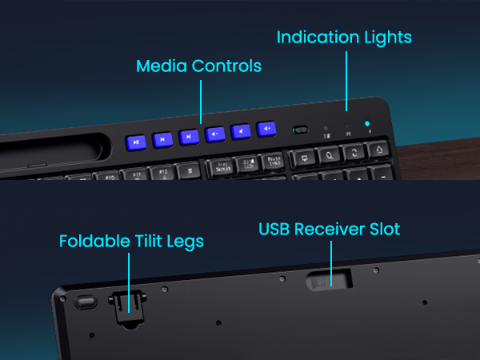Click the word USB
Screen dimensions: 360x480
[x=275, y=229]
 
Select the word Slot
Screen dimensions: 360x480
[x=382, y=229]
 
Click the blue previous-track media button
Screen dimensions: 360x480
[x=162, y=139]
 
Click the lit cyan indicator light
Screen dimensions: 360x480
[x=366, y=124]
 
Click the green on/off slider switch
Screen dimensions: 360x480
[x=302, y=129]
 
